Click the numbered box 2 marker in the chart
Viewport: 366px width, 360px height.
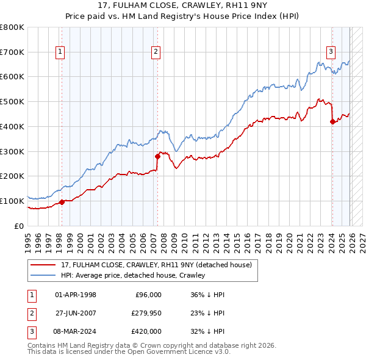point(156,52)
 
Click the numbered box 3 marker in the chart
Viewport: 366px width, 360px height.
point(331,52)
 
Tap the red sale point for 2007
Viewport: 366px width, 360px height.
point(157,156)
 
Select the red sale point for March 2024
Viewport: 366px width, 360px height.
point(332,121)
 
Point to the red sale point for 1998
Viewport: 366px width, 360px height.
point(62,202)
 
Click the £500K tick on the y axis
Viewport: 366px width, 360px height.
point(12,102)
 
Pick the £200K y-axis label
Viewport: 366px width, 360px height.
point(12,176)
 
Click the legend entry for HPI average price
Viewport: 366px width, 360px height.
point(133,275)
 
